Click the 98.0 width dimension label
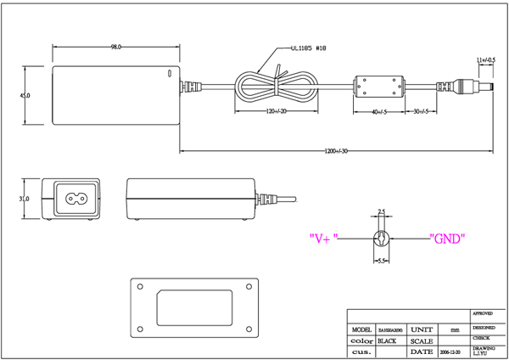pos(116,46)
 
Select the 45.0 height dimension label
pos(25,96)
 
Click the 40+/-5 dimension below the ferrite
pos(378,112)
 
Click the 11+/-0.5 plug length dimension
pos(486,60)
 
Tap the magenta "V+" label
pos(323,239)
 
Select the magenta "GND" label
pos(447,239)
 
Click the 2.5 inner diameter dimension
pos(382,211)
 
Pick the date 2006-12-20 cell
pos(452,351)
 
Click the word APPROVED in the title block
pos(484,313)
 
